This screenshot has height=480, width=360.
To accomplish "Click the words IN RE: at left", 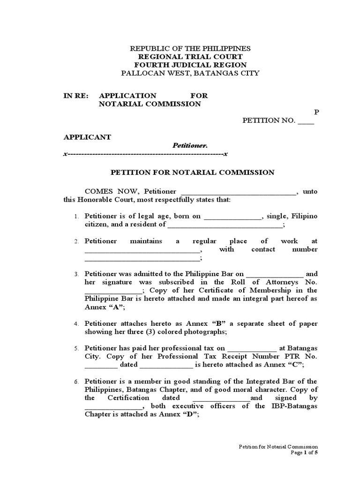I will coord(75,96).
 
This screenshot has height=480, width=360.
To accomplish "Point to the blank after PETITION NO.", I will coord(306,121).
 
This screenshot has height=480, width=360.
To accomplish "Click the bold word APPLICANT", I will coord(87,137).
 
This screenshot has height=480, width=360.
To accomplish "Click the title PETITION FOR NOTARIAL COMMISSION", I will coord(192,172).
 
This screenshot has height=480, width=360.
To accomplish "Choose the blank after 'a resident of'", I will coord(225,225).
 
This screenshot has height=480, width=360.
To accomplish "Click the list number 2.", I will coord(76,241).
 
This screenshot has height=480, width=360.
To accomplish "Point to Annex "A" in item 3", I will coord(105,307).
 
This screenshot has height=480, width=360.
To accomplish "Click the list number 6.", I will coord(76,382).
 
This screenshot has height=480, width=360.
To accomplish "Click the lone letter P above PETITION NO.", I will coord(316,112).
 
